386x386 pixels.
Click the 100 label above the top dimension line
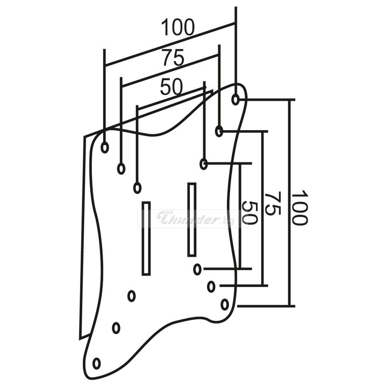click(178, 28)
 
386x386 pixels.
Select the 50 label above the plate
click(171, 87)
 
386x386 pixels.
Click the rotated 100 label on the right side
click(299, 208)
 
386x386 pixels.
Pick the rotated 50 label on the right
click(249, 213)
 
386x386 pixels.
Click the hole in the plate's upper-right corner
click(235, 100)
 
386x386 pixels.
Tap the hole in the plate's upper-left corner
click(105, 147)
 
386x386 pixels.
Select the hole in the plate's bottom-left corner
click(96, 363)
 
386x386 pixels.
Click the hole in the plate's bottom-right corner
click(225, 305)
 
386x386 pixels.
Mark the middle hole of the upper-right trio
click(219, 131)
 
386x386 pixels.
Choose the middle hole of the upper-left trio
click(121, 169)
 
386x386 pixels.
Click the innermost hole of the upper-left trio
click(137, 188)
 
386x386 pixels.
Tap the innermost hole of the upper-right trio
click(203, 164)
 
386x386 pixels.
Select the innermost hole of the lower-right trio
click(197, 269)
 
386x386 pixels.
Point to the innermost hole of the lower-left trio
click(131, 296)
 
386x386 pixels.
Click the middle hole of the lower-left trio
click(116, 328)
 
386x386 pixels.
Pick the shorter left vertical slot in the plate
click(146, 238)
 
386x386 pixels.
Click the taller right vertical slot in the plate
click(192, 219)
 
